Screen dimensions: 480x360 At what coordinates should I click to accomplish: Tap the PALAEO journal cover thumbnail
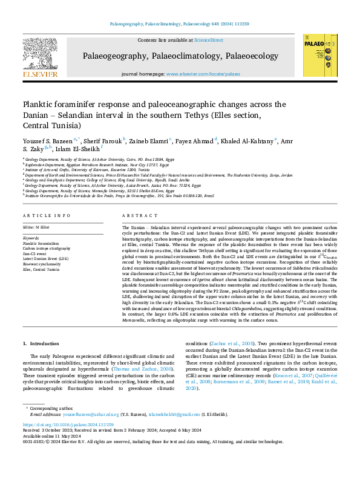click(x=320, y=55)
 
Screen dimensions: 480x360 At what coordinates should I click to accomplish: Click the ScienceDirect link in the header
click(x=208, y=40)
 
